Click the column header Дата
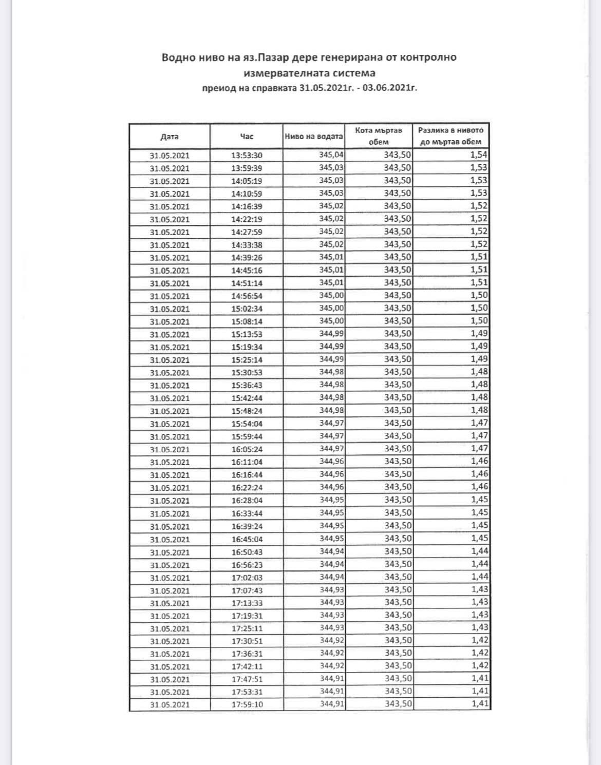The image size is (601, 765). [169, 137]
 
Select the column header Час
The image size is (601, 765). [247, 137]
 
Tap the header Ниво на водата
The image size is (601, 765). [314, 137]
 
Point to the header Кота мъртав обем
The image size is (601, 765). [379, 136]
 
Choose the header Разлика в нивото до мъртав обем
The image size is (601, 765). [451, 136]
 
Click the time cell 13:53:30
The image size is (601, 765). [247, 156]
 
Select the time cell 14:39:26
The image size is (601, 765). [247, 258]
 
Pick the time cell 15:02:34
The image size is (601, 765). [247, 309]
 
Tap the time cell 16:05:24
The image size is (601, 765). [247, 449]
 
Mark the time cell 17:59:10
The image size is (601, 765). [247, 704]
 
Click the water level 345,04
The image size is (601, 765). [331, 155]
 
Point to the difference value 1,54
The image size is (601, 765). [479, 155]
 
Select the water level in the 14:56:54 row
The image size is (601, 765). [331, 295]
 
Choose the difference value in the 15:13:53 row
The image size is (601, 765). [479, 334]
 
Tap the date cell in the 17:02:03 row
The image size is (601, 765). [170, 578]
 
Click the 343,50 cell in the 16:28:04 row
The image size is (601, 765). [398, 500]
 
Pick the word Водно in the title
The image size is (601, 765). [177, 58]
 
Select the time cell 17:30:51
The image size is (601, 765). [247, 641]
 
